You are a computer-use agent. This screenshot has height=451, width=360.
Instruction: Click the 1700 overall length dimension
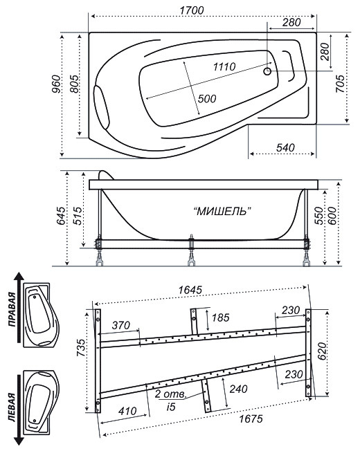click(x=192, y=10)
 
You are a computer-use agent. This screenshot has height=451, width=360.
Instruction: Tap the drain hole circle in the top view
click(x=267, y=71)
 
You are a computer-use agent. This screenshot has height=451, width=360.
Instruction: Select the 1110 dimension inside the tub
click(x=224, y=66)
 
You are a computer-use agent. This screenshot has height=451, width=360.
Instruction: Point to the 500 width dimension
click(x=207, y=99)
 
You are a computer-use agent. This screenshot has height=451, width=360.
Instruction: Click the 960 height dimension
click(x=56, y=84)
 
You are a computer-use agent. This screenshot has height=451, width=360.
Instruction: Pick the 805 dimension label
click(x=74, y=84)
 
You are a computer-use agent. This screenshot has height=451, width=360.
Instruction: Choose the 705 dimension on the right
click(x=340, y=84)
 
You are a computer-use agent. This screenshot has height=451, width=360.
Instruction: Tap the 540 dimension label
click(x=285, y=147)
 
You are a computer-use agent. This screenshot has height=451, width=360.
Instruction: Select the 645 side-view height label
click(x=61, y=215)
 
